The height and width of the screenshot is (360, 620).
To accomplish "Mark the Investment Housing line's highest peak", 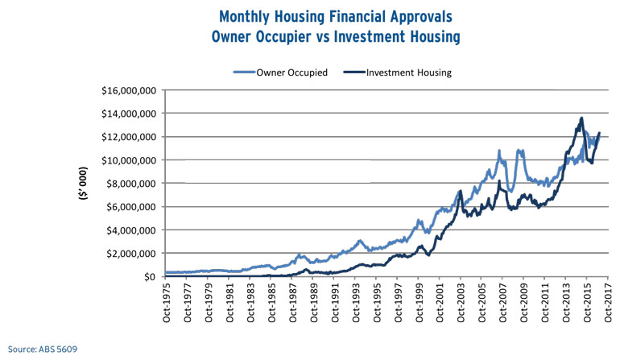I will click(x=581, y=118).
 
